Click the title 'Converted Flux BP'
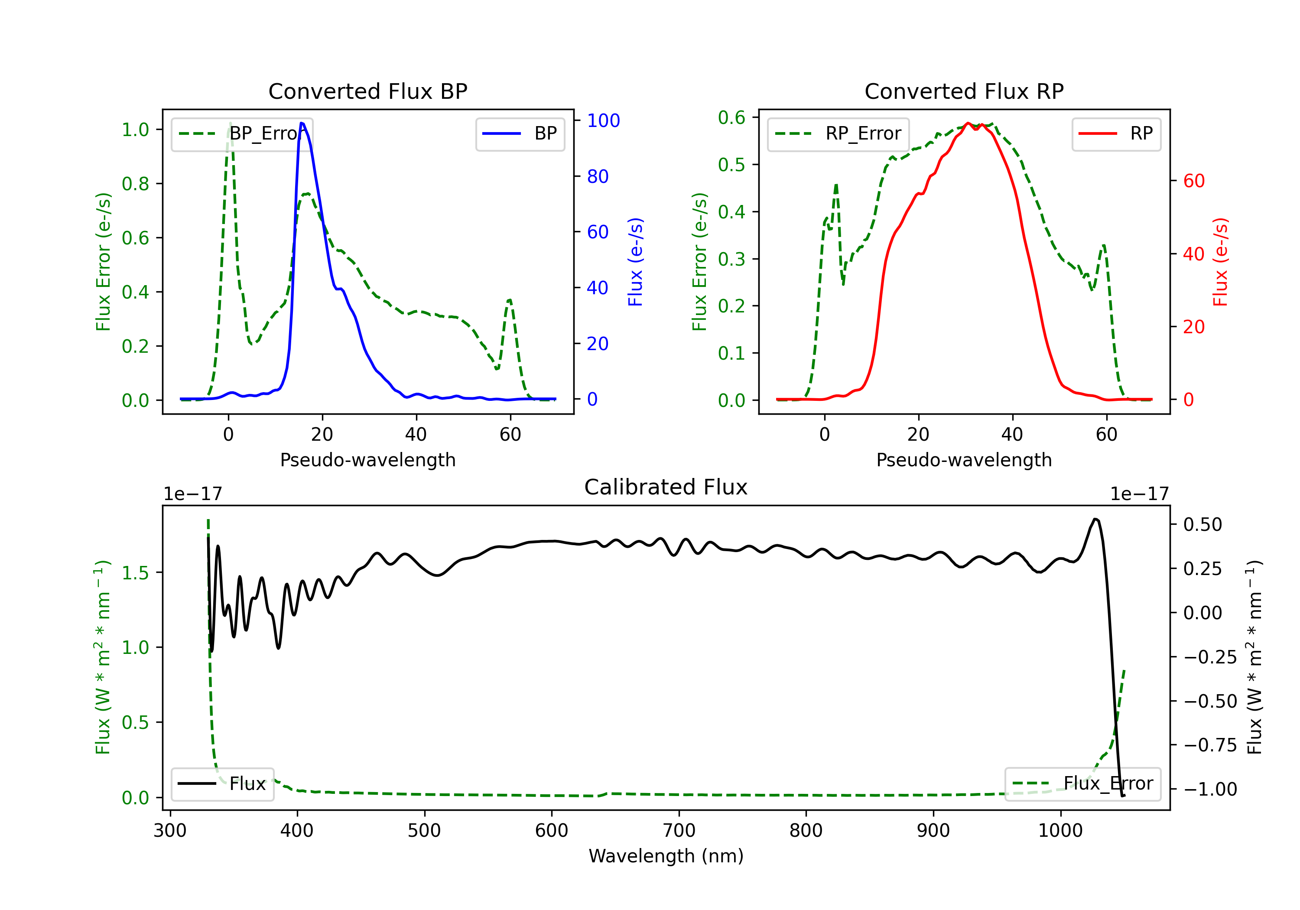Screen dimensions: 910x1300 [x=367, y=91]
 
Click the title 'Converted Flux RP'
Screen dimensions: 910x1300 [x=964, y=91]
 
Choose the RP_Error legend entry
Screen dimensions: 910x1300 [x=838, y=133]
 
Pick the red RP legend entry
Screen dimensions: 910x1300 [x=1116, y=133]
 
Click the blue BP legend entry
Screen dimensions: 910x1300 [x=520, y=133]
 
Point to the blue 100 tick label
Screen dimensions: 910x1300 [x=603, y=120]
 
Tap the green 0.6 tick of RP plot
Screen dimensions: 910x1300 [x=731, y=118]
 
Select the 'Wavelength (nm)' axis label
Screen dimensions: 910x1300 [x=666, y=856]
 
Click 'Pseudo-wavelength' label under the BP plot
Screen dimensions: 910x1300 [x=367, y=460]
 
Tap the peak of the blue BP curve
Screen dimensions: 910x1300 [x=302, y=123]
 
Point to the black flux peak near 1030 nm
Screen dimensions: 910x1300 [x=1095, y=519]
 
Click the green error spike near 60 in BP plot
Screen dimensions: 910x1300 [x=510, y=300]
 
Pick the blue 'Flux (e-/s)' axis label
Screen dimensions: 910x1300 [x=635, y=262]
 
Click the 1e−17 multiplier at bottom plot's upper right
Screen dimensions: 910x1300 [x=1139, y=494]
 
